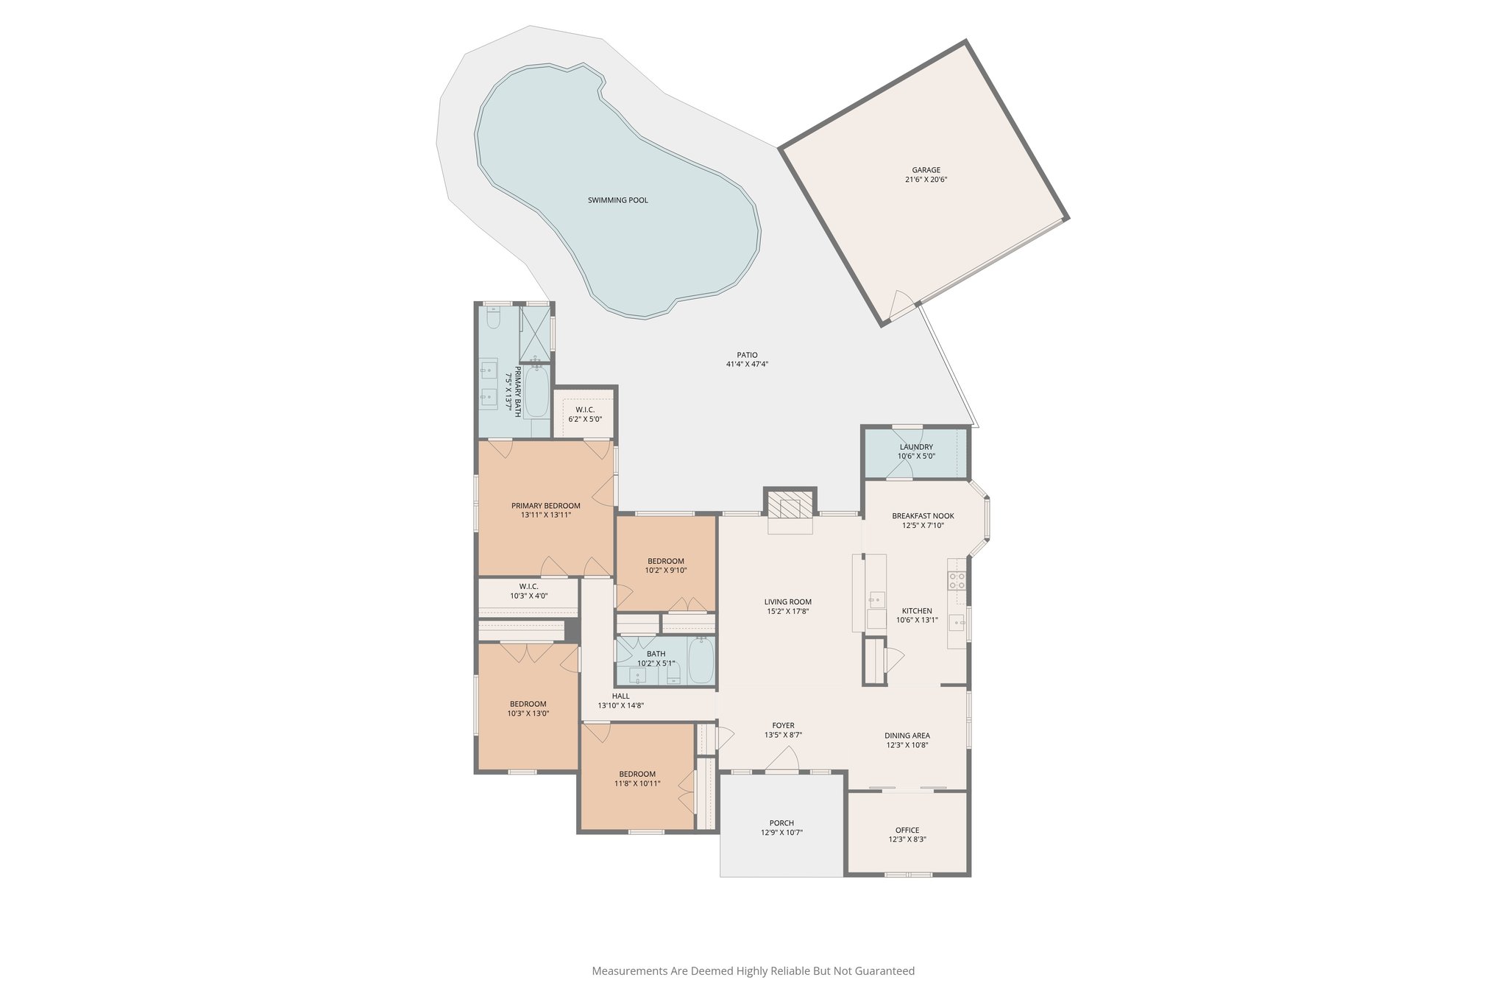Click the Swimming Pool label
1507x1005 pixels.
(x=617, y=200)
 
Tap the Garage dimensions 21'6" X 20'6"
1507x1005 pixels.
(x=926, y=180)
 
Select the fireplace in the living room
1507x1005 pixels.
(x=790, y=507)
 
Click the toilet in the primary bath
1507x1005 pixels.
(x=494, y=319)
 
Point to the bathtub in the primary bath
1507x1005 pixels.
(x=536, y=392)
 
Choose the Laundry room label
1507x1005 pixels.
(x=916, y=447)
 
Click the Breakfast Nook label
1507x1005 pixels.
(x=923, y=516)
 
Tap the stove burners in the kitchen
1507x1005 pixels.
(x=957, y=580)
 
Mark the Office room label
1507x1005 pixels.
(x=907, y=830)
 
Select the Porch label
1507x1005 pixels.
(x=781, y=823)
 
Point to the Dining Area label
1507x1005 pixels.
(x=907, y=736)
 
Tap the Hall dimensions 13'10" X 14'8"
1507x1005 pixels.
(x=620, y=705)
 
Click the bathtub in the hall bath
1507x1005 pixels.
(x=701, y=660)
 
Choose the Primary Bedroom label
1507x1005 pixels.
(x=546, y=506)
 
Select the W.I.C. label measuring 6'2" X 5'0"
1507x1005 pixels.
(x=585, y=410)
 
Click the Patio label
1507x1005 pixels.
(x=747, y=355)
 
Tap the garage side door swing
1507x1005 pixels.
(x=902, y=303)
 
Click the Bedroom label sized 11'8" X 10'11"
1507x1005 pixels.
(x=637, y=774)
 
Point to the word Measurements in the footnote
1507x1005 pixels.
(x=630, y=971)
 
